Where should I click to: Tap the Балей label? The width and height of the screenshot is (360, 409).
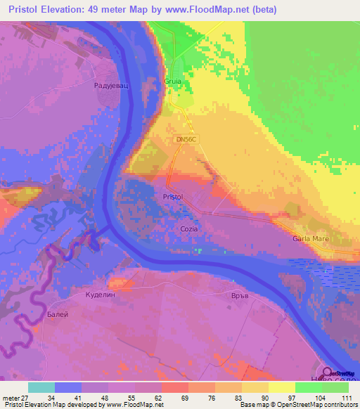click(58, 314)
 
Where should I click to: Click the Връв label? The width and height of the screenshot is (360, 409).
click(240, 296)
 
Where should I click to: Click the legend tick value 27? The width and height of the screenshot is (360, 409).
click(26, 398)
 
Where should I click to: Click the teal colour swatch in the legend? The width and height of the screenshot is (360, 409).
click(41, 387)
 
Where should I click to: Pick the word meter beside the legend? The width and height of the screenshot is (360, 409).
click(10, 398)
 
